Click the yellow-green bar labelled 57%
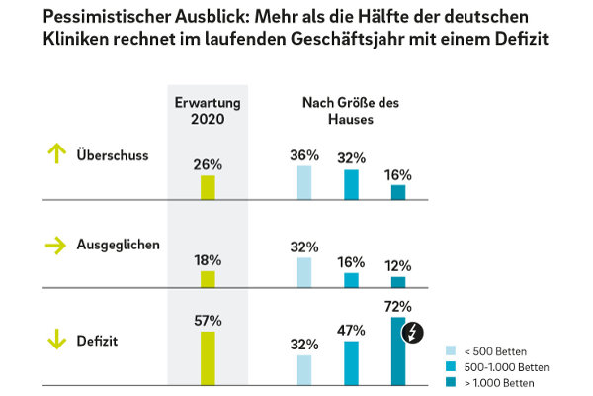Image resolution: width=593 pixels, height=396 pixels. (208, 357)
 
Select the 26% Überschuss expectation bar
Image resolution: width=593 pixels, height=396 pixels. (208, 187)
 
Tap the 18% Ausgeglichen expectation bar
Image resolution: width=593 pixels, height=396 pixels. (208, 278)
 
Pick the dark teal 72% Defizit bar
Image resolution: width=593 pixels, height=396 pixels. (398, 350)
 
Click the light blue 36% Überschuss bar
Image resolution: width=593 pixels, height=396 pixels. (304, 182)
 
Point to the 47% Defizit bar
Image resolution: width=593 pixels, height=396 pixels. (351, 362)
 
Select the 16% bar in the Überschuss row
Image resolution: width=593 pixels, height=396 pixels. (398, 191)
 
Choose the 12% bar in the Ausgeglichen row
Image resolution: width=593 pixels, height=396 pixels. (398, 281)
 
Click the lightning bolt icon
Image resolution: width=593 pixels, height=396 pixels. (413, 332)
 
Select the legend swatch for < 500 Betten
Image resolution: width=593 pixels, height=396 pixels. (452, 350)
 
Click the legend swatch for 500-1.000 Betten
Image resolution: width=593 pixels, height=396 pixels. (452, 365)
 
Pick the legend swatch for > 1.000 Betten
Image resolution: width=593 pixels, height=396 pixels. (452, 380)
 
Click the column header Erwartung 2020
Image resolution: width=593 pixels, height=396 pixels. (208, 109)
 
